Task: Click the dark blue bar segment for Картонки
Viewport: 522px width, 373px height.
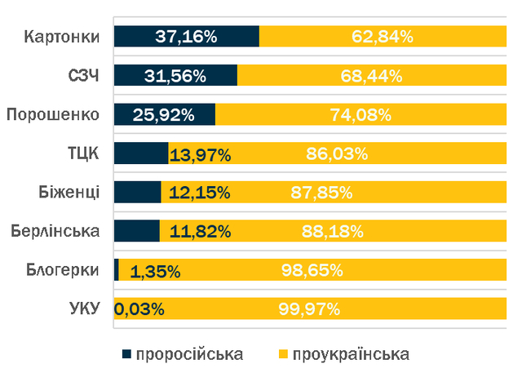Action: click(x=186, y=37)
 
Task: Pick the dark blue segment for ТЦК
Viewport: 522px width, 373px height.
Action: click(x=140, y=153)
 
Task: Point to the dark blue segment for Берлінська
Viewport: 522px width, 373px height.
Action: click(x=136, y=231)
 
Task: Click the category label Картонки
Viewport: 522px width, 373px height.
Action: click(x=62, y=37)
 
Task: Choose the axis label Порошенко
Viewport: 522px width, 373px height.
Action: click(x=53, y=114)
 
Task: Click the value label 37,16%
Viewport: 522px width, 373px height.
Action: click(x=186, y=37)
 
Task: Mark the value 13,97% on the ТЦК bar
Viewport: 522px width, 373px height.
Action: click(x=200, y=153)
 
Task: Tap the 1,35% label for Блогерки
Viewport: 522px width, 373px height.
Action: click(x=155, y=271)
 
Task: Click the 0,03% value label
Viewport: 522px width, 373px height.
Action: click(x=139, y=309)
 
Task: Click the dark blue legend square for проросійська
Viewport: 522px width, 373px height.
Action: click(x=126, y=354)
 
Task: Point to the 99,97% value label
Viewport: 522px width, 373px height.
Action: click(x=310, y=309)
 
